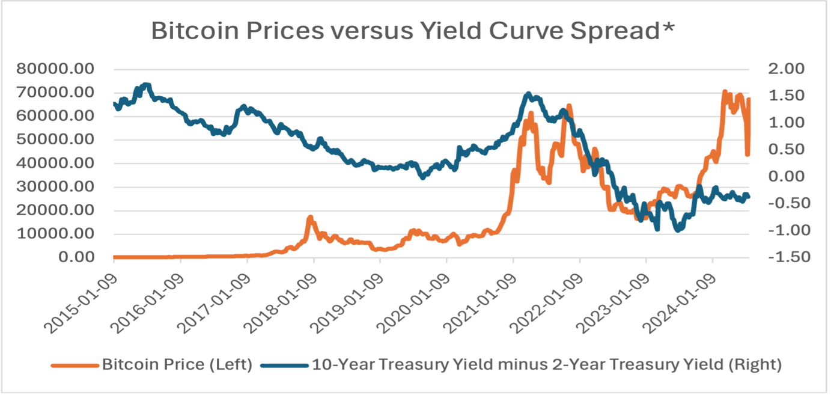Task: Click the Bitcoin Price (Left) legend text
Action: (177, 365)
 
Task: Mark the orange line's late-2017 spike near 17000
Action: (310, 217)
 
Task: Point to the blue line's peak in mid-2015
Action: (146, 85)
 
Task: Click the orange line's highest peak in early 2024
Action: (724, 92)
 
